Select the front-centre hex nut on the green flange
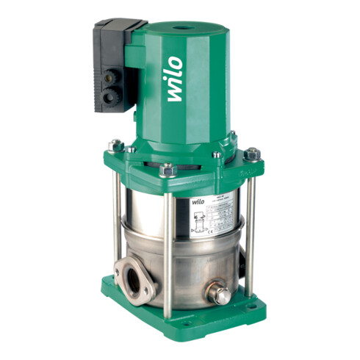tap(167, 170)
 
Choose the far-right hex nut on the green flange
tap(252, 154)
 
